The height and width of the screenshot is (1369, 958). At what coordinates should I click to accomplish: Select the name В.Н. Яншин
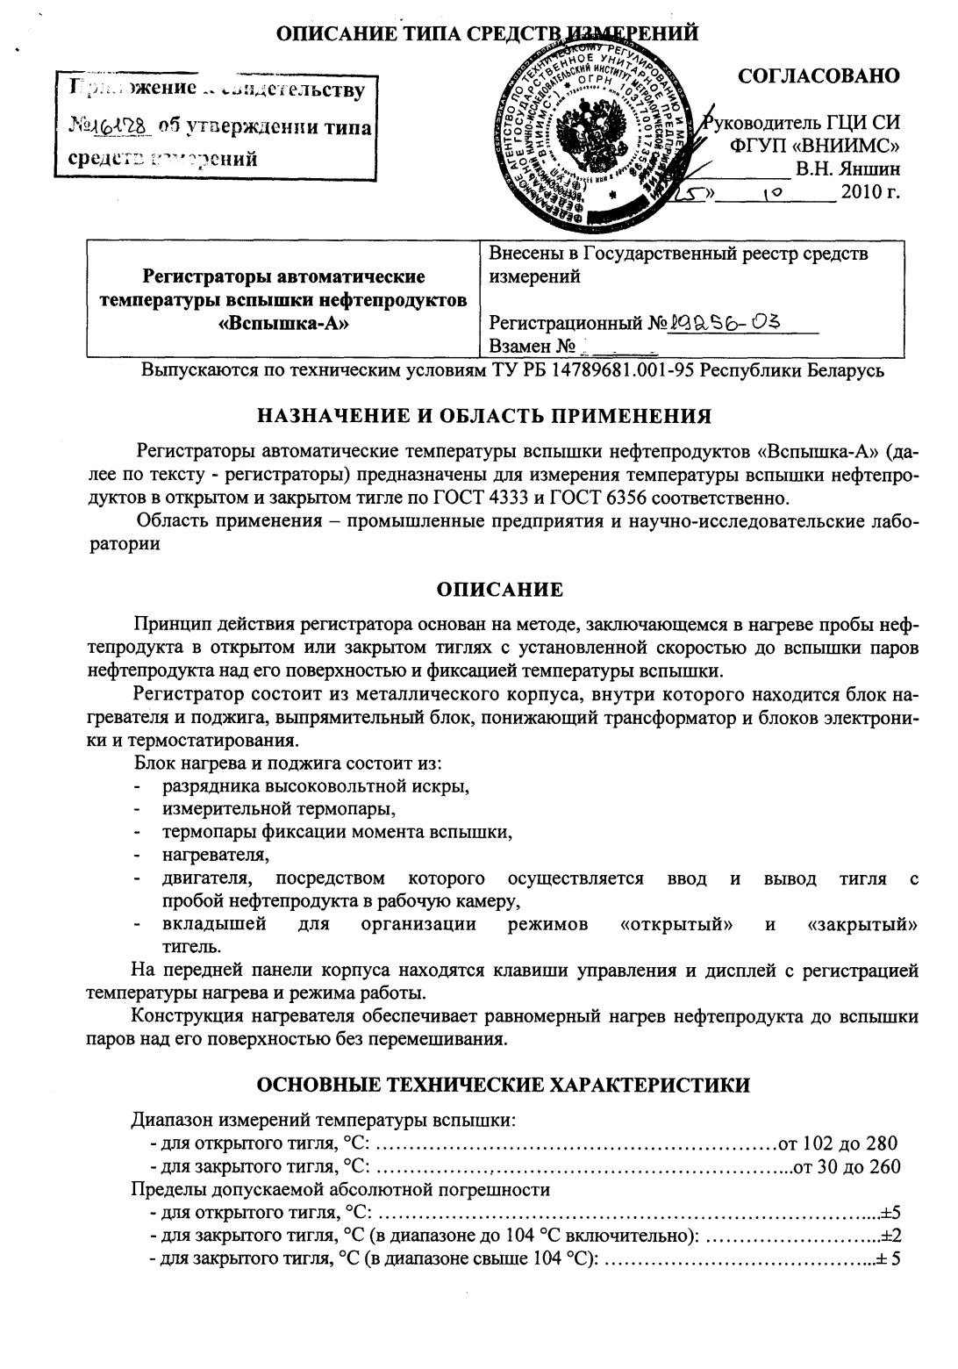coord(847,167)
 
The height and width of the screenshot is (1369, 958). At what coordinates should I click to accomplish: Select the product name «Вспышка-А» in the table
coord(283,321)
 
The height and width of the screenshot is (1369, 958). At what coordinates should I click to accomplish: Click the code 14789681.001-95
coord(625,369)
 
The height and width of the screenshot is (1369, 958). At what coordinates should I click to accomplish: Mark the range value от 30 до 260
coord(847,1166)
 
